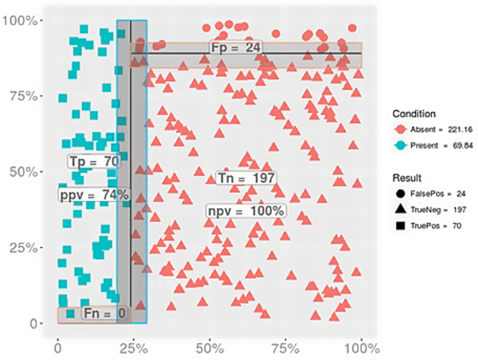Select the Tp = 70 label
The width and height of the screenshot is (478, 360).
point(94,162)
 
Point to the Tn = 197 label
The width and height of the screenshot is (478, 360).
point(246,178)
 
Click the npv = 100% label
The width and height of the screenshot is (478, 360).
point(246,211)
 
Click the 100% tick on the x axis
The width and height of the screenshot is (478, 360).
point(361,347)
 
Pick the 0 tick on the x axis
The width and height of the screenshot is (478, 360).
point(57,347)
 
